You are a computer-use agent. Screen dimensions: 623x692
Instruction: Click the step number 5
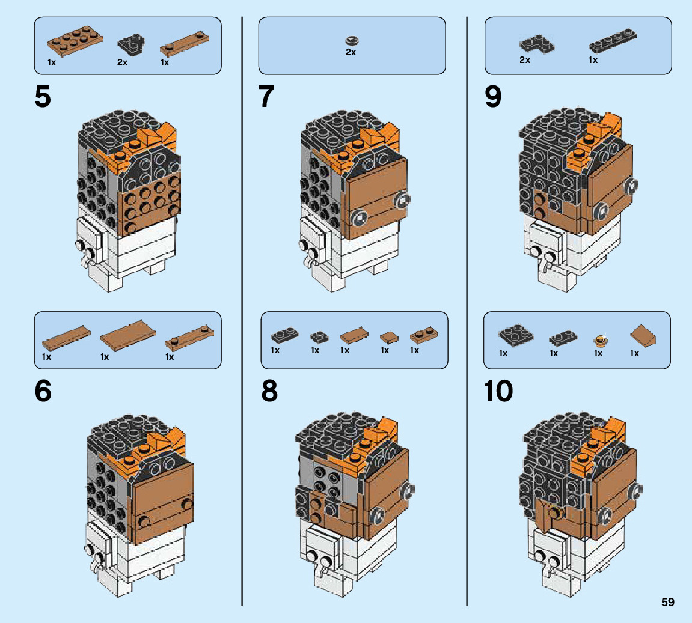tap(43, 97)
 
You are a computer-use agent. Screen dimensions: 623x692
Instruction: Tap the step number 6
tap(43, 392)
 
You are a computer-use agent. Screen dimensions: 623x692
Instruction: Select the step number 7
tap(267, 97)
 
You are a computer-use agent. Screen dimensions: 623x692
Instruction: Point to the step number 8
tap(269, 392)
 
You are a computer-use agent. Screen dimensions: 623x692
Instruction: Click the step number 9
tap(493, 97)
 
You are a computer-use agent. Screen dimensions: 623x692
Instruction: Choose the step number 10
tap(498, 392)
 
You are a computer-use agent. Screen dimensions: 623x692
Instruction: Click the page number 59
tap(667, 602)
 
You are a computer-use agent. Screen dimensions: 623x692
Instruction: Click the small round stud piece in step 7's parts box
tap(351, 40)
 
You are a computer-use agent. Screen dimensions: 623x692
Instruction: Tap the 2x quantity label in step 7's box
tap(351, 52)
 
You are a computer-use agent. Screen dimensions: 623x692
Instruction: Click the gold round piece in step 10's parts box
tap(599, 341)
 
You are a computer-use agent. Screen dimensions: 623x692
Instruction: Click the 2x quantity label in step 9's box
tap(525, 60)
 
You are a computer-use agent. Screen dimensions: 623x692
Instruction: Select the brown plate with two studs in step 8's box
tap(424, 335)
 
